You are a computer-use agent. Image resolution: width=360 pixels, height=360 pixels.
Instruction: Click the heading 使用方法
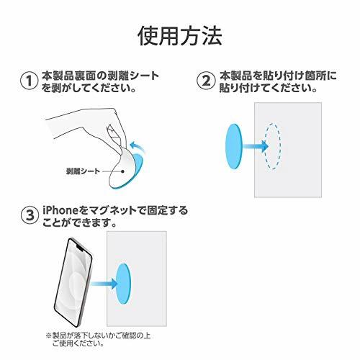point(180,36)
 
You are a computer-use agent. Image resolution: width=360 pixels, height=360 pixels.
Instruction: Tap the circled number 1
point(29,81)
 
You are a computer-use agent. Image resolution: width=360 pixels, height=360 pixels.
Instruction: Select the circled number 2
point(206,81)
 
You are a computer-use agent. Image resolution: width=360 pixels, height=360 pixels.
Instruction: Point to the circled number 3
point(30,215)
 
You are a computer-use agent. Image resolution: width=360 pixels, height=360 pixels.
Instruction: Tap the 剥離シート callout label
point(83,171)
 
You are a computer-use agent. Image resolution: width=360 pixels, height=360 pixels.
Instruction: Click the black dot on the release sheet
point(122,171)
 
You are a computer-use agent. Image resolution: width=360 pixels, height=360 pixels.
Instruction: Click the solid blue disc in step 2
point(234,146)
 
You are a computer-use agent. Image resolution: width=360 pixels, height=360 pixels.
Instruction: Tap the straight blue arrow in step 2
point(255,146)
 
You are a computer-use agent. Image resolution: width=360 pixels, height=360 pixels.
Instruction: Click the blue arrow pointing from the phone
point(104,284)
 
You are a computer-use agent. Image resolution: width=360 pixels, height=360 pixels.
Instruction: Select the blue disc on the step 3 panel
point(123,284)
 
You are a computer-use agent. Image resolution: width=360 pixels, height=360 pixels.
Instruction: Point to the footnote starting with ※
point(98,339)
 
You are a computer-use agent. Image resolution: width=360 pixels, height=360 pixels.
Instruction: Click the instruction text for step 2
point(278,81)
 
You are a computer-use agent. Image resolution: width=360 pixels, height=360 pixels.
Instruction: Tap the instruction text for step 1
point(101,81)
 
